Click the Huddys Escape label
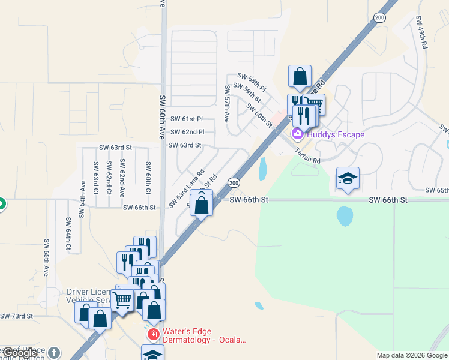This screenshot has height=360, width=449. tap(335, 134)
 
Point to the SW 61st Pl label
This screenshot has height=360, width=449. tap(187, 119)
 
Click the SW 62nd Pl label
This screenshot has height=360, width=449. tap(187, 132)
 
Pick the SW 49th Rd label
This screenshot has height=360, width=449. tap(421, 32)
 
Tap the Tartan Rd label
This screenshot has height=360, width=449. tap(308, 157)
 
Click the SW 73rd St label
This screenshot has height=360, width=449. tap(16, 316)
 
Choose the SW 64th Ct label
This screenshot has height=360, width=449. tap(68, 235)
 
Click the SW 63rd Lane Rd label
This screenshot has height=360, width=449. tap(187, 188)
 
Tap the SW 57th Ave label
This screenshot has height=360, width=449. tap(227, 103)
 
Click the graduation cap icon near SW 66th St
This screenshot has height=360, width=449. tap(348, 178)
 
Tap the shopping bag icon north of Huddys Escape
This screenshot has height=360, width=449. tap(300, 76)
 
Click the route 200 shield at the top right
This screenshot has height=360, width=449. tap(379, 17)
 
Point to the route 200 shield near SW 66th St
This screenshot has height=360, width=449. tap(234, 182)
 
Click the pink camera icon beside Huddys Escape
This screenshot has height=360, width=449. tap(297, 133)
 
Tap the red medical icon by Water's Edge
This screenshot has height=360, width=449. tap(153, 334)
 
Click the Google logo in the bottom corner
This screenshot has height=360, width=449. tap(20, 353)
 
